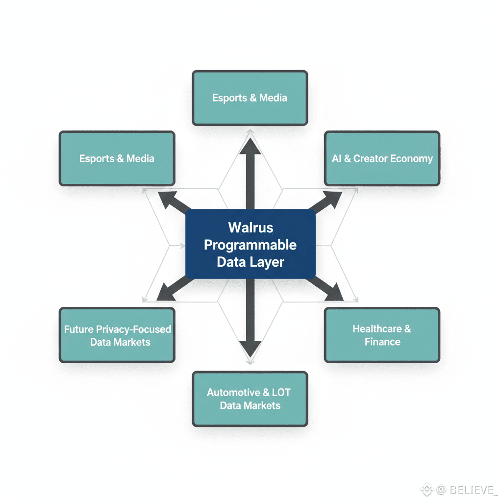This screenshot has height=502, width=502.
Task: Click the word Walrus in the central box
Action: pos(251,227)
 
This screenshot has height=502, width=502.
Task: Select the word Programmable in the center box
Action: pos(251,245)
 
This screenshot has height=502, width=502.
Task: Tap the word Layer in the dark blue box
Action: pos(268,262)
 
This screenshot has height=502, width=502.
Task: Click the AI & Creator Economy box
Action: pos(382,158)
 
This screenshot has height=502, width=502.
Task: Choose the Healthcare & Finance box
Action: pos(382,335)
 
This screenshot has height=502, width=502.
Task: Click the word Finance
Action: pos(382,342)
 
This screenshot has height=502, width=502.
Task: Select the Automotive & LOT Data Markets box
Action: pos(250,399)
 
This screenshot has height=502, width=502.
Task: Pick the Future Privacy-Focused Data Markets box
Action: pos(117,335)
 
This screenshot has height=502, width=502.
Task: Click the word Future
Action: pos(79,329)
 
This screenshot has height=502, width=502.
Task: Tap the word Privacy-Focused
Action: pos(133,329)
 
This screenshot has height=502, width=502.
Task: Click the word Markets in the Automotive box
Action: pos(264,405)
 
